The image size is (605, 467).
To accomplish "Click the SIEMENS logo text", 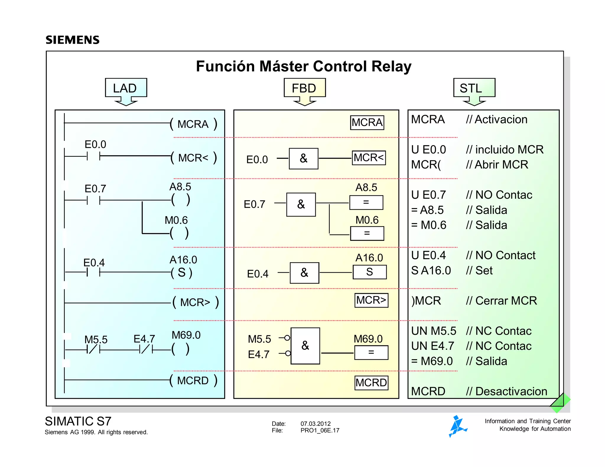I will point(72,40).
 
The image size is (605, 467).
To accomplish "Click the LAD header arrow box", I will point(126,88).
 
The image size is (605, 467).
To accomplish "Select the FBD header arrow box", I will point(304,88).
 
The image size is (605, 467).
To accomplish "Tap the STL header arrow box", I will point(474,88).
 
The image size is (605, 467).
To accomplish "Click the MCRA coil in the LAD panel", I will point(193,124).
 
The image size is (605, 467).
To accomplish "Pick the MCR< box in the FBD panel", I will point(369,158).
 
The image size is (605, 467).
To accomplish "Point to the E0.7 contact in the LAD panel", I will point(93,200).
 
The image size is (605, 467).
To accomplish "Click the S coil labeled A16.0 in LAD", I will point(182,272).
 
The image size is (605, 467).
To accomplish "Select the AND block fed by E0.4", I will point(304,273).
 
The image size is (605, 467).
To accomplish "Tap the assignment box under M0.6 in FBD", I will point(367,233).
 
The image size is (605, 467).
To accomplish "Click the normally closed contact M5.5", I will point(93,350).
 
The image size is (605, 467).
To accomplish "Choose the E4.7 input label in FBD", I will point(258,354).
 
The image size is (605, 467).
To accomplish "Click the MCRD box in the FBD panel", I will point(371,383).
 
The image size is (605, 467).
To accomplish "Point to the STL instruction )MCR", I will point(426,301).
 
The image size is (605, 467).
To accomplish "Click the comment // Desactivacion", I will point(506,391).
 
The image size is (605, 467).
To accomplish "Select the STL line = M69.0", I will point(432,361).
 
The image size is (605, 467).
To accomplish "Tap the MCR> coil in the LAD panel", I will point(195,303).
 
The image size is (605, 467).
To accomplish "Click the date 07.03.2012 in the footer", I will point(315,424).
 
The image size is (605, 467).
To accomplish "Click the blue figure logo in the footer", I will point(457,426).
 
